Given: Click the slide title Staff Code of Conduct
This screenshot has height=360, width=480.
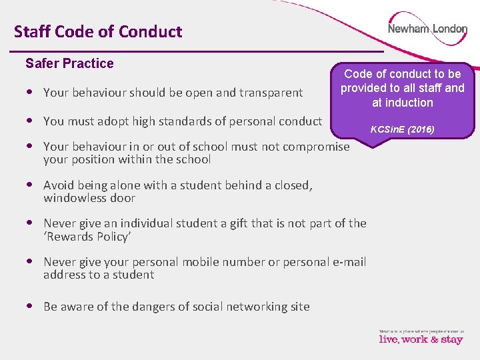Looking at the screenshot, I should tap(98, 31).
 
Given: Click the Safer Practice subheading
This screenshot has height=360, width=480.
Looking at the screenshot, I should tap(69, 63).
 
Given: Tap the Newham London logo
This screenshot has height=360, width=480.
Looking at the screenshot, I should tap(427, 29).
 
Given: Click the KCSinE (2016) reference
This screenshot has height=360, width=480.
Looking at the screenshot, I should tap(403, 129).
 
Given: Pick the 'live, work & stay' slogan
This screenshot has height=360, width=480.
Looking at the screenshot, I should tap(421, 339).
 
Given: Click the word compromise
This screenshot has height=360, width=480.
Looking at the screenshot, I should tap(317, 146).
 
